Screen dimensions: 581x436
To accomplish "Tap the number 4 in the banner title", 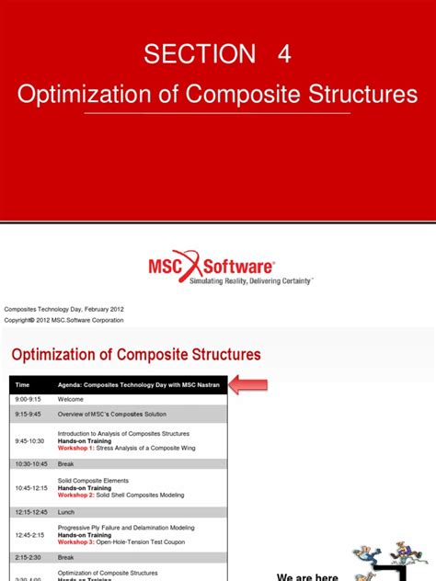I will (x=284, y=54).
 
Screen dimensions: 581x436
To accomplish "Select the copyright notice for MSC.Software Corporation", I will (x=64, y=320).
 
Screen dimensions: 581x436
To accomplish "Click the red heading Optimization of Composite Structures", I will (x=136, y=354).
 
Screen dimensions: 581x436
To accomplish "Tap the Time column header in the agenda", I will (x=23, y=385).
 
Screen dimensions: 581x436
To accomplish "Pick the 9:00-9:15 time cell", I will (x=28, y=400).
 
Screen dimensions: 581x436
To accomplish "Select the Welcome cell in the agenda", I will (x=71, y=400).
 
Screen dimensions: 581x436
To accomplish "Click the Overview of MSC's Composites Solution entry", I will (x=111, y=415).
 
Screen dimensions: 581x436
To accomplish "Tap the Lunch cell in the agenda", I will (x=67, y=511).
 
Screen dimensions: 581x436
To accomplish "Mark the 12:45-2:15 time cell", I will (x=29, y=534).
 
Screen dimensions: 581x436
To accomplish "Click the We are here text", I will (x=306, y=576).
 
